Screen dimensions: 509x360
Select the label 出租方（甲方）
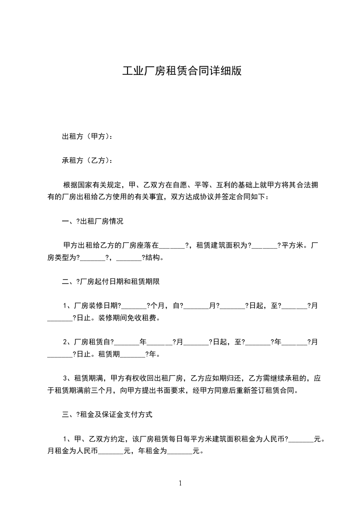point(86,136)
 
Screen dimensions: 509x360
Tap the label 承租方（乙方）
point(86,160)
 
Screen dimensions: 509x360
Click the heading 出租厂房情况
point(102,221)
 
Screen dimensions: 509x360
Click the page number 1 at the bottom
point(180,483)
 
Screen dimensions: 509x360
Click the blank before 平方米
point(264,246)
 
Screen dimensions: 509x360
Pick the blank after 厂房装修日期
point(133,306)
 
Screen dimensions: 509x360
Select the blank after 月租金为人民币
point(111,451)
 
